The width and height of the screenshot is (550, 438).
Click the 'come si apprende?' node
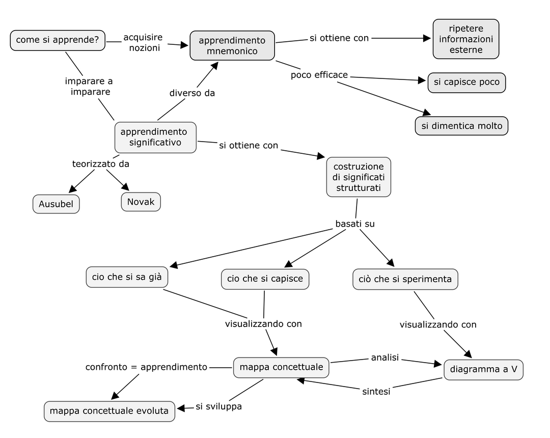pyautogui.click(x=58, y=40)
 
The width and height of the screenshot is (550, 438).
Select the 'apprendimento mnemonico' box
pyautogui.click(x=232, y=45)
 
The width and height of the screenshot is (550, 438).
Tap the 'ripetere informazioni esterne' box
pyautogui.click(x=465, y=39)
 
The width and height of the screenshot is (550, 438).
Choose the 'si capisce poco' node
pyautogui.click(x=466, y=83)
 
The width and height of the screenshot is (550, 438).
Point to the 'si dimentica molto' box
pyautogui.click(x=461, y=126)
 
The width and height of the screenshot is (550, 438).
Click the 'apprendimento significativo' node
pyautogui.click(x=155, y=137)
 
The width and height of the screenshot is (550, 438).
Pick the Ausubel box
pyautogui.click(x=56, y=204)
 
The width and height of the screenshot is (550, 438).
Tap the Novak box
pyautogui.click(x=141, y=202)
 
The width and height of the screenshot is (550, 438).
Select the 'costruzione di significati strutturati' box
pyautogui.click(x=359, y=177)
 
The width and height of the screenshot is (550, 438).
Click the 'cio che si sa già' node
pyautogui.click(x=127, y=277)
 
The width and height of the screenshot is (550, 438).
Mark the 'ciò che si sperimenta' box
pyautogui.click(x=405, y=279)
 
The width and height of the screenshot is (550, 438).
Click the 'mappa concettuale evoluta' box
pyautogui.click(x=109, y=411)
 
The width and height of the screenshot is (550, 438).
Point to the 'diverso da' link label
pyautogui.click(x=192, y=93)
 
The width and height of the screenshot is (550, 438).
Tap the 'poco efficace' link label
pyautogui.click(x=319, y=75)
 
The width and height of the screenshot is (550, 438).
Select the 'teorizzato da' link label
pyautogui.click(x=100, y=164)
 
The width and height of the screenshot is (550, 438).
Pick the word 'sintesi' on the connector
pyautogui.click(x=376, y=391)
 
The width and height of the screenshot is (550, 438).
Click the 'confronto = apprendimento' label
pyautogui.click(x=146, y=367)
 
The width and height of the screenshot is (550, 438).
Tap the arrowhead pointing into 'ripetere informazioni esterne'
pyautogui.click(x=427, y=38)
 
